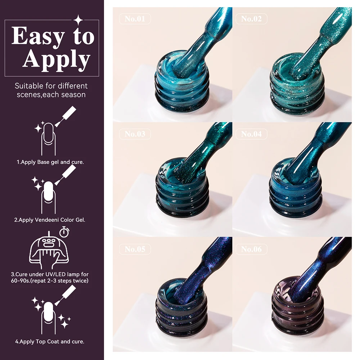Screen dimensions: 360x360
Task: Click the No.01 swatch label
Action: tap(135, 19)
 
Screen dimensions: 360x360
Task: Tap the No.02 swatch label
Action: tap(251, 19)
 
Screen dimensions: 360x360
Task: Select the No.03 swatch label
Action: tap(135, 134)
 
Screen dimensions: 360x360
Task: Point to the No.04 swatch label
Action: tap(251, 134)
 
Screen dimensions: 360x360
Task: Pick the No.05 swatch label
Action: tap(135, 249)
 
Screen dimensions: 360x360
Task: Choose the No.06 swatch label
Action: tap(251, 249)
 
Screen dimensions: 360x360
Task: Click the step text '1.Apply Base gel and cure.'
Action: tap(50, 162)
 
